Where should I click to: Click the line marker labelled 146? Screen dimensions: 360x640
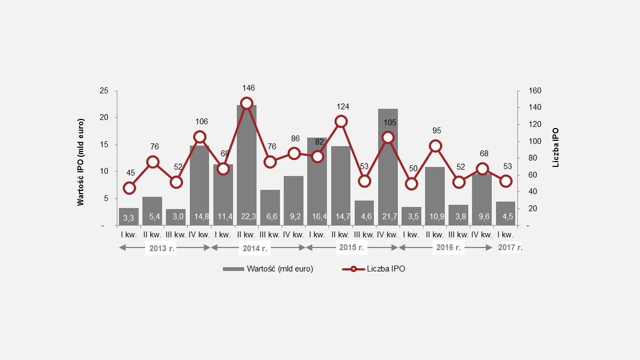[x=246, y=103]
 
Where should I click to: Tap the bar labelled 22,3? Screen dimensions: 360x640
[x=246, y=165]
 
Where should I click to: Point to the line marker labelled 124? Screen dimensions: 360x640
[x=341, y=122]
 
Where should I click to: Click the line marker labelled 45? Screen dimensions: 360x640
[x=129, y=188]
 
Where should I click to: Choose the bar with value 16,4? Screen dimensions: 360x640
[x=317, y=181]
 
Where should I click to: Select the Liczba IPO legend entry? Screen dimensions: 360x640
[x=373, y=269]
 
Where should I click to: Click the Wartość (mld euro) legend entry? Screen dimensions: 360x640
[x=269, y=269]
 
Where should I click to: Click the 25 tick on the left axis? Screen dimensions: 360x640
[x=105, y=91]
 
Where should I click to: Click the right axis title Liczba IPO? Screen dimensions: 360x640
[x=556, y=147]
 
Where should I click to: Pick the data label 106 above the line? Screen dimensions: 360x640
[x=200, y=121]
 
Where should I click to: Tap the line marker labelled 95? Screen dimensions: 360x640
[x=435, y=146]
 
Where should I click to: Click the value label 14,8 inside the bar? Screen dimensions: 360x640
[x=200, y=218]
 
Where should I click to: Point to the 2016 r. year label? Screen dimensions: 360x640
[x=448, y=248]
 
